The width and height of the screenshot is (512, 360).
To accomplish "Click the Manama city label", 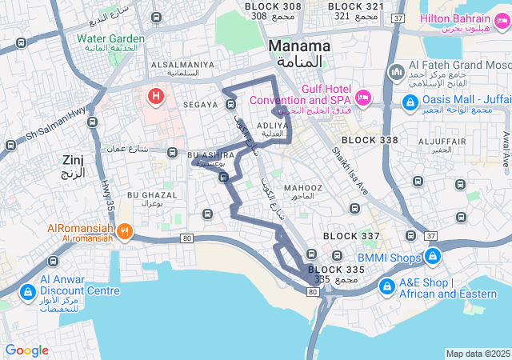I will click(x=299, y=46).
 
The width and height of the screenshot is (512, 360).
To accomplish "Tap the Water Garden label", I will click(x=110, y=38).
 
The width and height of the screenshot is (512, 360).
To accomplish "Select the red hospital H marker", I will click(x=155, y=97).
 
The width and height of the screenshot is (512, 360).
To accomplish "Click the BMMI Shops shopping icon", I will click(x=433, y=256).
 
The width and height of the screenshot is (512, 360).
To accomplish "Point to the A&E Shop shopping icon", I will click(x=387, y=286).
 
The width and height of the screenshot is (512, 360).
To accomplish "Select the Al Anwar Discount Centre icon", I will click(x=26, y=291).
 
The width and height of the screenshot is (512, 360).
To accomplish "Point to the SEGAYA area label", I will click(x=199, y=105).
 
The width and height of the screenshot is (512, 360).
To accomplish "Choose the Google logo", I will click(x=26, y=350).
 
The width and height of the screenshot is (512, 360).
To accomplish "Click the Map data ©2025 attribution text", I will click(x=477, y=354).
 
